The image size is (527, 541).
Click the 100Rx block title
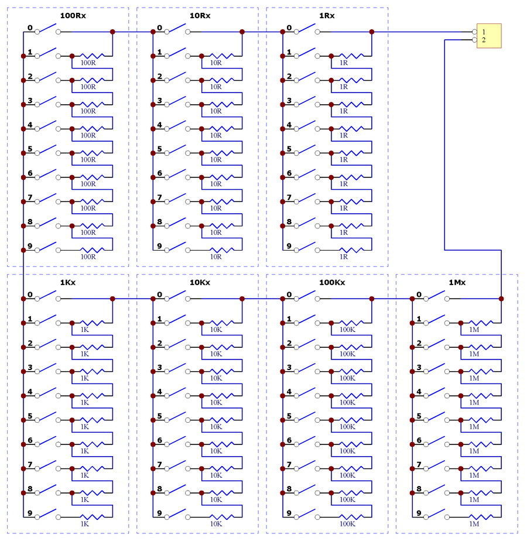tap(73, 15)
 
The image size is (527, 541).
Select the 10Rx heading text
tap(201, 15)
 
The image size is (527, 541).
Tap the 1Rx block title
tap(327, 15)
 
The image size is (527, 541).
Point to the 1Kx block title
tap(68, 282)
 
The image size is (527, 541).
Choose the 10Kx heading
tap(200, 282)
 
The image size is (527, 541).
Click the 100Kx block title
tap(331, 282)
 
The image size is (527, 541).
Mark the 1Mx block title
tap(457, 282)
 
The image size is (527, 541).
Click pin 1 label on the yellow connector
tap(484, 32)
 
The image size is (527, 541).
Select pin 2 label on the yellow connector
tap(484, 40)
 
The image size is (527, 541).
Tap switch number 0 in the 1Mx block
tap(419, 295)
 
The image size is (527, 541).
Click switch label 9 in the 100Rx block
tap(30, 246)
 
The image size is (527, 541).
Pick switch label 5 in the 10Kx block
tap(159, 416)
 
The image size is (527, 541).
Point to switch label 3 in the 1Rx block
tap(289, 101)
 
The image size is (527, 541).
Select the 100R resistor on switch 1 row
tap(88, 56)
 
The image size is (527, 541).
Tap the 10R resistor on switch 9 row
tap(216, 251)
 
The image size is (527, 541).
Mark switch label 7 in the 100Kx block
tap(289, 465)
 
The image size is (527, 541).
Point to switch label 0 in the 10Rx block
tap(159, 28)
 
